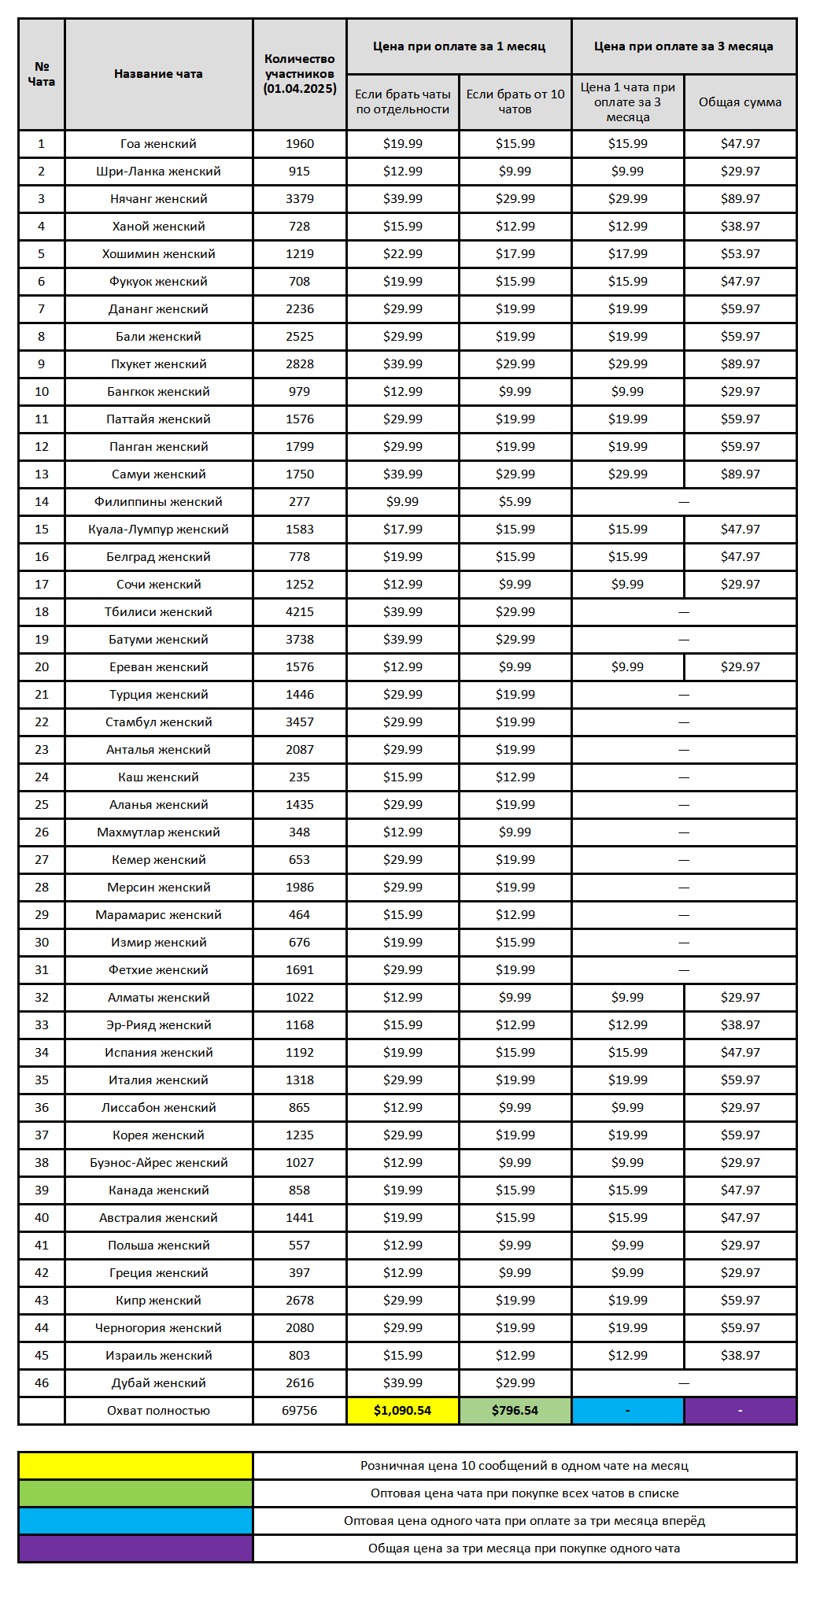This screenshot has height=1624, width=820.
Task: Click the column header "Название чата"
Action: click(158, 74)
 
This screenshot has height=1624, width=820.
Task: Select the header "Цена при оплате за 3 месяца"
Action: click(683, 46)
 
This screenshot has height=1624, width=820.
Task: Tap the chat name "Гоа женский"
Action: click(158, 144)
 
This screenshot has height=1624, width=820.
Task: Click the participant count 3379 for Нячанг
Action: click(299, 199)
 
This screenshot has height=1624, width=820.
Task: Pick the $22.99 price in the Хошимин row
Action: click(402, 254)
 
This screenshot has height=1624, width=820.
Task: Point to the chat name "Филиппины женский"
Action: click(158, 502)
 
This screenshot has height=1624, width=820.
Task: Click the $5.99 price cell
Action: click(515, 502)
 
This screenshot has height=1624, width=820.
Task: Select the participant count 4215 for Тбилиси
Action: click(299, 612)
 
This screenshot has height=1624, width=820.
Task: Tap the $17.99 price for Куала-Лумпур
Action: click(402, 530)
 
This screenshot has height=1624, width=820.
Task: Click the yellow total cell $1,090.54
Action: click(402, 1411)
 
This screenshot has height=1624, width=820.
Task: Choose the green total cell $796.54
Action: click(515, 1411)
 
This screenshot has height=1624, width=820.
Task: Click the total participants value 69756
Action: click(299, 1411)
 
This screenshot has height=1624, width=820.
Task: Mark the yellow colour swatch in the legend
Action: click(135, 1466)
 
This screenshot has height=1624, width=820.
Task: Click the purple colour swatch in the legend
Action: click(135, 1548)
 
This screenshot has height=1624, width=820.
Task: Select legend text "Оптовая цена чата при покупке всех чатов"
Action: click(524, 1493)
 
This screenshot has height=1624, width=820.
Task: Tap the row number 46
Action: click(42, 1383)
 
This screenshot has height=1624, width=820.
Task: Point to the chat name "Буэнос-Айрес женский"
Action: click(158, 1163)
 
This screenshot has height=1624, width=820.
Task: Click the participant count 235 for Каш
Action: click(299, 777)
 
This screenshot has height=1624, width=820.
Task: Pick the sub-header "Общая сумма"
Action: click(740, 102)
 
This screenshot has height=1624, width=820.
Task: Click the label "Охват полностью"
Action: click(158, 1411)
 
